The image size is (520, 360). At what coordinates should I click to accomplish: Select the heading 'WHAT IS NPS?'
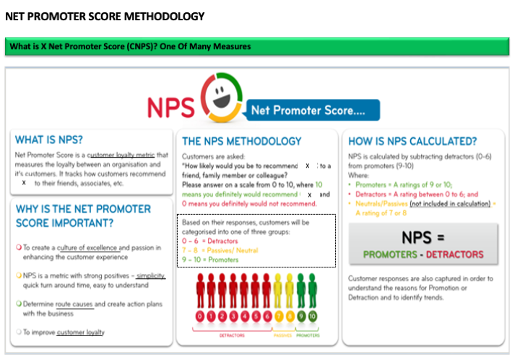[49, 140]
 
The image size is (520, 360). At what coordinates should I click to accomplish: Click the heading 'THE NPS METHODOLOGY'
[242, 141]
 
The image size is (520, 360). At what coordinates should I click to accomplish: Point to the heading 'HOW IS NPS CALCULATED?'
[412, 141]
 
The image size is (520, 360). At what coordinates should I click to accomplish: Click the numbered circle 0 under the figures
[199, 317]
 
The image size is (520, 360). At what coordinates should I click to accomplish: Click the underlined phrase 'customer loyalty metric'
[127, 155]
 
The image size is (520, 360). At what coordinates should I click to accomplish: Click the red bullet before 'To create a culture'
[19, 248]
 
